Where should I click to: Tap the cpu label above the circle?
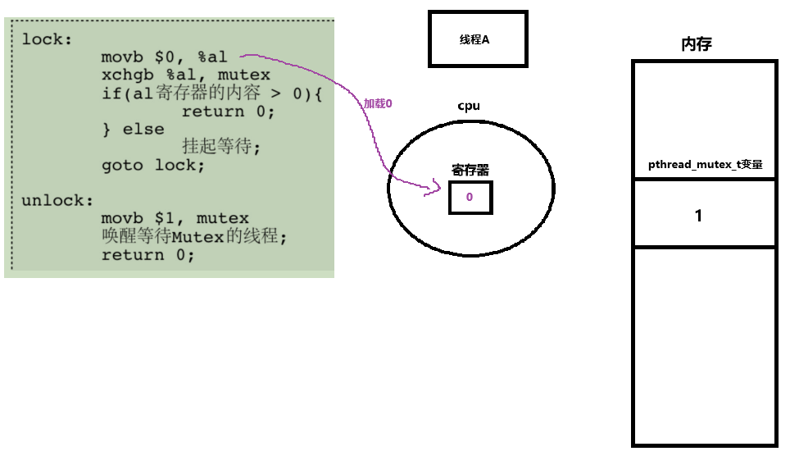[x=469, y=106]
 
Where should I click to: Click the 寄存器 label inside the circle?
[x=470, y=170]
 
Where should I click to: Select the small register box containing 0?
[x=470, y=198]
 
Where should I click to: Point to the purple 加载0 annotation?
[x=379, y=104]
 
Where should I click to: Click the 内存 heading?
[x=697, y=44]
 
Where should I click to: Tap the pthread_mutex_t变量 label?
[x=706, y=164]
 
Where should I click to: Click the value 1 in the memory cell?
[x=698, y=216]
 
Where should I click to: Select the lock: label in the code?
[x=47, y=39]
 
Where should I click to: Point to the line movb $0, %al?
[x=164, y=57]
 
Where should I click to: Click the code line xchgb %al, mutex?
[x=185, y=75]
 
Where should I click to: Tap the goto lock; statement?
[x=152, y=165]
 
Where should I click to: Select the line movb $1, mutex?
[x=175, y=219]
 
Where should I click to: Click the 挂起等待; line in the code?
[x=220, y=147]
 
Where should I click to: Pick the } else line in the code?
[x=132, y=130]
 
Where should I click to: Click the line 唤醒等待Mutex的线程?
[x=195, y=237]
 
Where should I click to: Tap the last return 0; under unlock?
[x=148, y=255]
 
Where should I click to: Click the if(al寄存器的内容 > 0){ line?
[x=211, y=93]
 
